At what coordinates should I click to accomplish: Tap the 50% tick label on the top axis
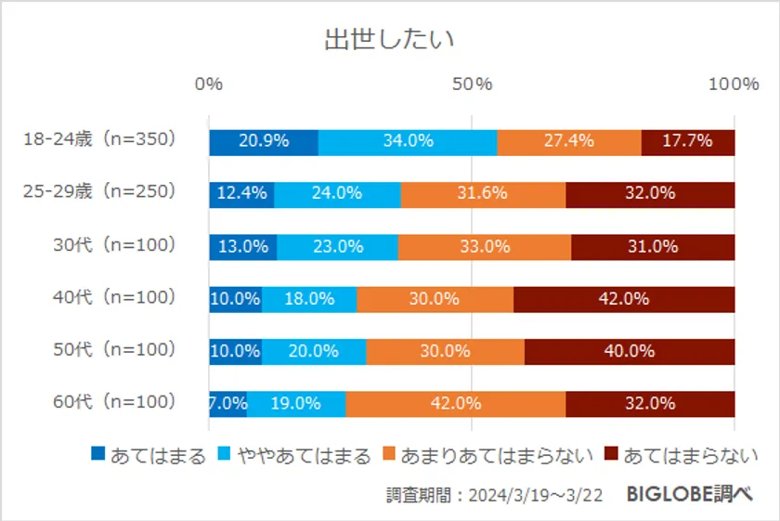472,85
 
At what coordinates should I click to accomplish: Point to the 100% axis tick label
734,85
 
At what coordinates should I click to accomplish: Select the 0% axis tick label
209,85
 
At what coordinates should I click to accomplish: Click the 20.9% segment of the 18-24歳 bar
264,141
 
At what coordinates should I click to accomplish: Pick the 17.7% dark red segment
687,141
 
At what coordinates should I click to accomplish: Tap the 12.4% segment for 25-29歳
241,194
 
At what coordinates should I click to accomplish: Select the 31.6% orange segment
483,194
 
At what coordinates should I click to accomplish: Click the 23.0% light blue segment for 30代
337,247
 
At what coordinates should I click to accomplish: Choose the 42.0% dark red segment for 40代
624,299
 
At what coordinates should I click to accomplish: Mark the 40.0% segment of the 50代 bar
630,351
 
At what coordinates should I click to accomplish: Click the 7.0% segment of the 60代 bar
227,404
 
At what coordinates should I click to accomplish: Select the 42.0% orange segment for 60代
455,404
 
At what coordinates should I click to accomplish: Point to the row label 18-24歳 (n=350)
99,140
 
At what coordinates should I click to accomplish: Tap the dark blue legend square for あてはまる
98,454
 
